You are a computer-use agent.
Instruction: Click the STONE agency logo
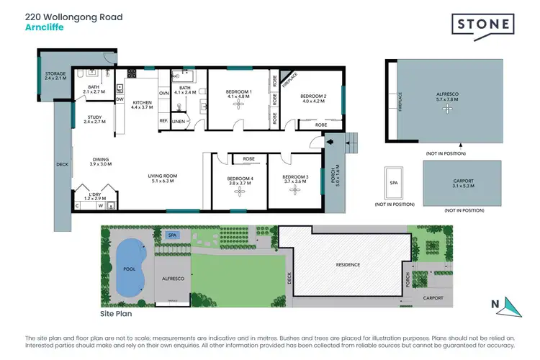point(483,26)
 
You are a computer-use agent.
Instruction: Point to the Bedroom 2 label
point(313,99)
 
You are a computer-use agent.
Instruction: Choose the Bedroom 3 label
point(295,180)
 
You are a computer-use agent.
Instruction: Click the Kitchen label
point(142,105)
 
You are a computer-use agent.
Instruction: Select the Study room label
point(94,120)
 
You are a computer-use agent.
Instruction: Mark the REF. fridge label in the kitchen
point(163,120)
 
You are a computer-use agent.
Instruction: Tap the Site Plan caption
point(116,314)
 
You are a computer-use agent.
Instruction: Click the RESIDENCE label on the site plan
point(347,264)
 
